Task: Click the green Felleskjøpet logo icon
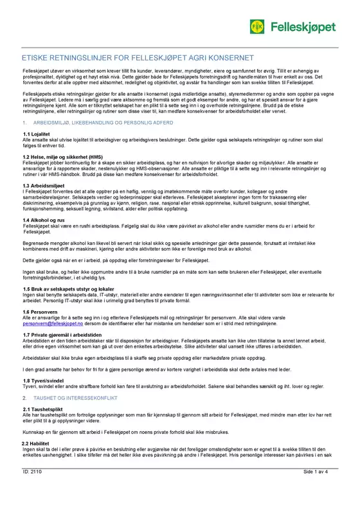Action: [x=257, y=26]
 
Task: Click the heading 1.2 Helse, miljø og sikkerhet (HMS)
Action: [x=62, y=156]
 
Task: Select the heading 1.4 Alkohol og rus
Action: [x=45, y=220]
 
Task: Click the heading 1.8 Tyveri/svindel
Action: [x=45, y=381]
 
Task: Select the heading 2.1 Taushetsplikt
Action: [x=42, y=409]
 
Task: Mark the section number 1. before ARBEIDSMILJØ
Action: [x=24, y=122]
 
